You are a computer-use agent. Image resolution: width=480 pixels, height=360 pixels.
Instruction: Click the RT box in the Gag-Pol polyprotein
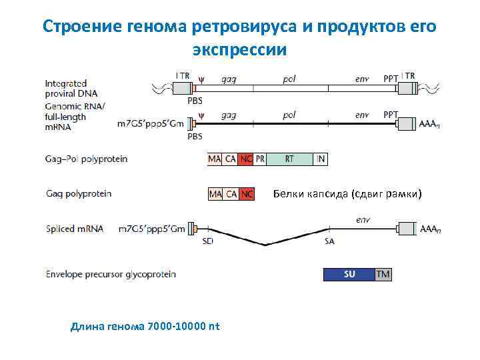pyautogui.click(x=289, y=159)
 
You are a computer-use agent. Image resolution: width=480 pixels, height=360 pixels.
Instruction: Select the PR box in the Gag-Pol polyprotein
pyautogui.click(x=261, y=159)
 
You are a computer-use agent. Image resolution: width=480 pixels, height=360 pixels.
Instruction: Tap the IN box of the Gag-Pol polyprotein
pyautogui.click(x=321, y=159)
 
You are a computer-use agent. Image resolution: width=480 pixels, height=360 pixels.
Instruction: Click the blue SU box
pyautogui.click(x=349, y=274)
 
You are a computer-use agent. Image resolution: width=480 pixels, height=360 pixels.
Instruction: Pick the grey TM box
pyautogui.click(x=383, y=274)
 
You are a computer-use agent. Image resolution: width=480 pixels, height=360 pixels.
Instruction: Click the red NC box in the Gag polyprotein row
pyautogui.click(x=247, y=194)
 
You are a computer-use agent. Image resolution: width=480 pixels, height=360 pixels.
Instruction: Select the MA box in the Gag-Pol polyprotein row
pyautogui.click(x=215, y=159)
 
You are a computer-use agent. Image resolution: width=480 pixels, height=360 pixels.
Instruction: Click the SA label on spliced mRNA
pyautogui.click(x=329, y=242)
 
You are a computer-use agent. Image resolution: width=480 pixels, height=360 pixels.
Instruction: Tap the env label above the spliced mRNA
pyautogui.click(x=363, y=219)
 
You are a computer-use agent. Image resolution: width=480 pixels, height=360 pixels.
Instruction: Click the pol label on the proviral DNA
pyautogui.click(x=289, y=78)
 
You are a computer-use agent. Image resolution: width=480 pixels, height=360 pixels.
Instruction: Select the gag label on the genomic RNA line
pyautogui.click(x=228, y=115)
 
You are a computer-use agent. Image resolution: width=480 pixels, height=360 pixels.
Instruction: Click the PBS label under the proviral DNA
pyautogui.click(x=195, y=101)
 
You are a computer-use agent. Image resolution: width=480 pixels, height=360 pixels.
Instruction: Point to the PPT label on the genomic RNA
pyautogui.click(x=391, y=115)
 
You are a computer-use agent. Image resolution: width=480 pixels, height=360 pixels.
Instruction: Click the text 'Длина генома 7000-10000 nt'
pyautogui.click(x=145, y=327)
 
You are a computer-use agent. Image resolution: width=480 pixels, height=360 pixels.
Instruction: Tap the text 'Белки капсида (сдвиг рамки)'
pyautogui.click(x=348, y=194)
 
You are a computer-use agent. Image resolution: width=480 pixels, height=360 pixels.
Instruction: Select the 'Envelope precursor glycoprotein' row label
pyautogui.click(x=111, y=274)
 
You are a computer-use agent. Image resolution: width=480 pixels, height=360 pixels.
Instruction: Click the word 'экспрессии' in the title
pyautogui.click(x=239, y=50)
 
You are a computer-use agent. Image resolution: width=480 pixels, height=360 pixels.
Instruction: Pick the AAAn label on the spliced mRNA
pyautogui.click(x=431, y=229)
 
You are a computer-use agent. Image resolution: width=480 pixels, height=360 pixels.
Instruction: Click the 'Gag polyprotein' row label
pyautogui.click(x=79, y=194)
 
